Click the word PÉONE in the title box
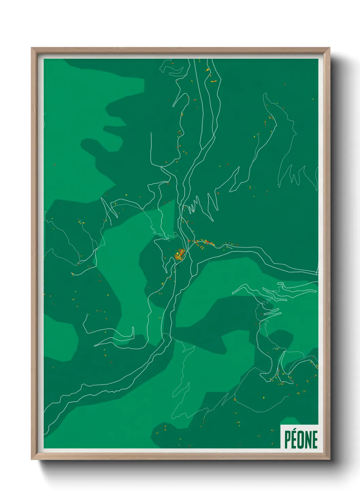[x=301, y=439]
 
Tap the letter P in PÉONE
[x=288, y=440]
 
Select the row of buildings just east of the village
[x=204, y=242]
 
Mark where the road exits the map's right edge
[x=317, y=273]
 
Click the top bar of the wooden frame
[x=180, y=50]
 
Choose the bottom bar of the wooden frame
[x=180, y=457]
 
